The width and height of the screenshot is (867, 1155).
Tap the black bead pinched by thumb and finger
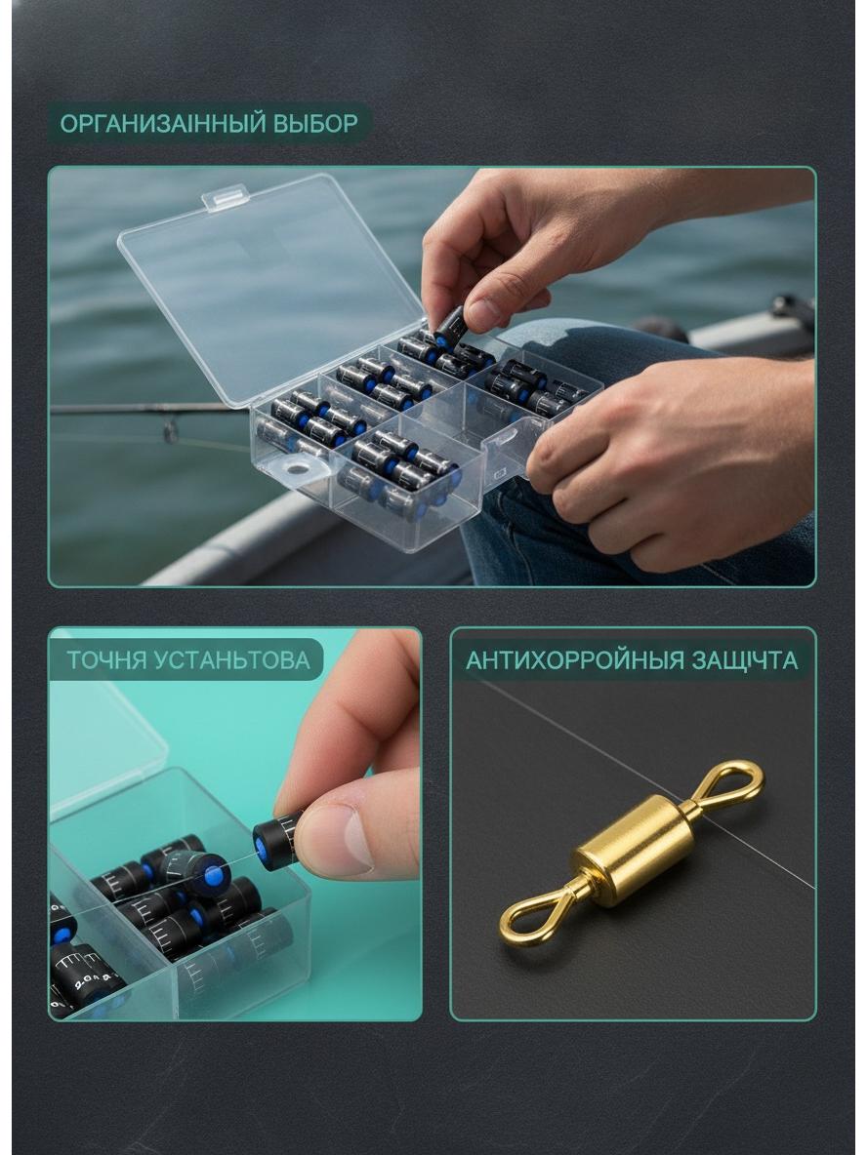pyautogui.click(x=278, y=841)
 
